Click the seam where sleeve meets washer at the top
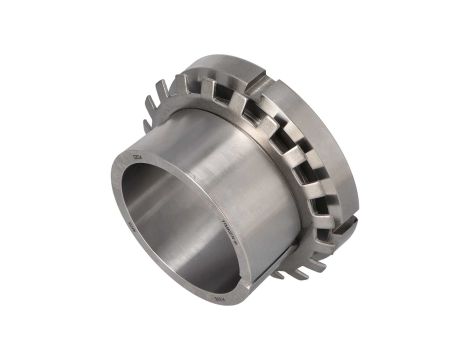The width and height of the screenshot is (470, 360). pos(200,110)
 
